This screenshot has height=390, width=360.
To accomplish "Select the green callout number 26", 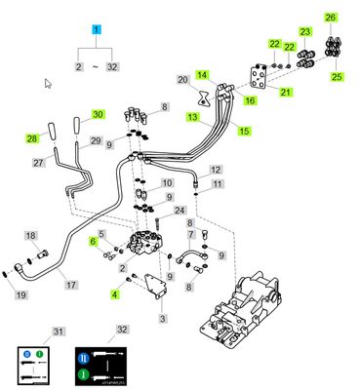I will [x=330, y=17].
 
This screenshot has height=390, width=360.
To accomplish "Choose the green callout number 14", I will [x=202, y=74].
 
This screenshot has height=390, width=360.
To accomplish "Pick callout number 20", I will [x=182, y=80].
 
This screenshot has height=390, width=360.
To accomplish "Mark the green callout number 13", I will [x=193, y=117].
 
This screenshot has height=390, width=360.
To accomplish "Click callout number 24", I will [x=180, y=211].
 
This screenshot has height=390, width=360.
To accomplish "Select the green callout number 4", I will [x=115, y=292].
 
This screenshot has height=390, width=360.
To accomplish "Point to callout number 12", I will [x=216, y=170].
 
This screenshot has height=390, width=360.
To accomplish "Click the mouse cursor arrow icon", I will [x=48, y=85].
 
